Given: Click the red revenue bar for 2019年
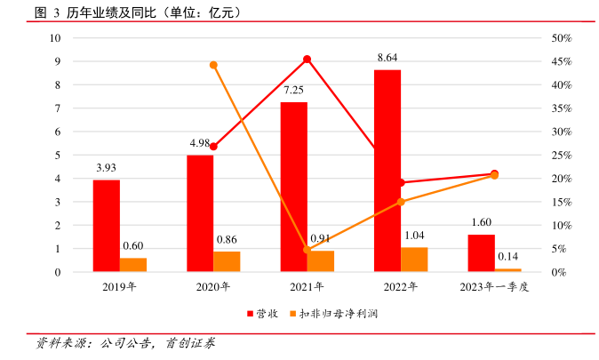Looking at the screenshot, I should [107, 226].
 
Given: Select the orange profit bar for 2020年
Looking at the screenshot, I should [227, 261].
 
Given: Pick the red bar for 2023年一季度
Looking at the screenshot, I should [481, 252].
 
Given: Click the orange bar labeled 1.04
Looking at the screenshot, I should [414, 259].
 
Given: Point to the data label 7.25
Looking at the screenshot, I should [294, 90].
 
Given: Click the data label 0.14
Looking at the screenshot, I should [507, 256].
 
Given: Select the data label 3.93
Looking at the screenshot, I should [107, 167].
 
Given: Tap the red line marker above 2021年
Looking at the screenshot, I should [307, 60].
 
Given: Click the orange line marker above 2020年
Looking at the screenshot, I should [213, 65].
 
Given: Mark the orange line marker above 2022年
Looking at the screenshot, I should [401, 202].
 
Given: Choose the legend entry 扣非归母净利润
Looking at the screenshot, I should [341, 314].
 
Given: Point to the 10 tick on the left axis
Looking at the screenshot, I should [55, 38].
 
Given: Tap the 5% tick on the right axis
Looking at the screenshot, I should [559, 249].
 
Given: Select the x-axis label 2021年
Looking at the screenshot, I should [307, 287].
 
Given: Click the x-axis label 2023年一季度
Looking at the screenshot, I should [494, 287].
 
